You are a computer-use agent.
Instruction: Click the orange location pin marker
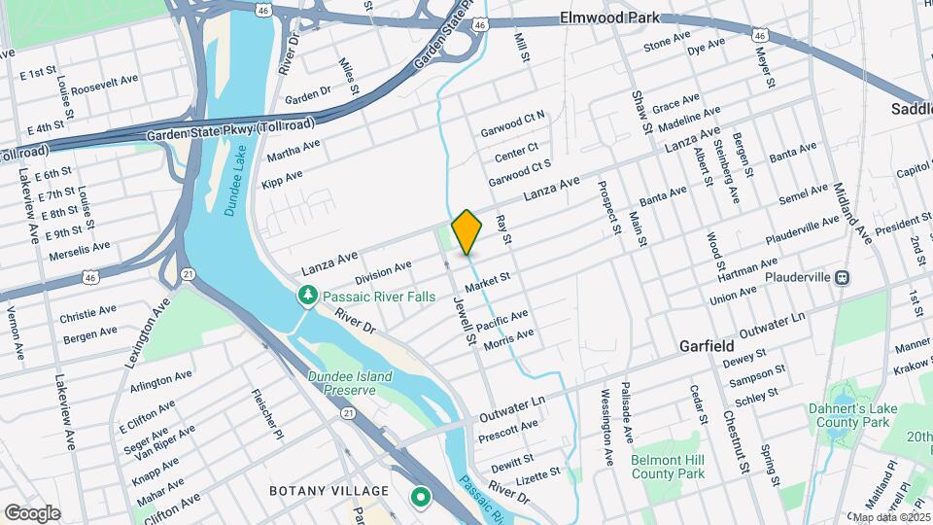tap(466, 231)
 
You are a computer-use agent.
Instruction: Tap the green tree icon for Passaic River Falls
tap(308, 294)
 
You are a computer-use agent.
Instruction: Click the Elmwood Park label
tap(609, 17)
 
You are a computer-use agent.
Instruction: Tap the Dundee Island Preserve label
tap(349, 383)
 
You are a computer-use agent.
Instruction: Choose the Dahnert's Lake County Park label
tap(849, 416)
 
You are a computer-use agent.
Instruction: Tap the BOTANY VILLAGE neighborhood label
tap(328, 491)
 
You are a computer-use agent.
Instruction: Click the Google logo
tap(31, 513)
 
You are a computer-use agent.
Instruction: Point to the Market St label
tap(488, 283)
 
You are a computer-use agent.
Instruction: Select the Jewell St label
tap(462, 322)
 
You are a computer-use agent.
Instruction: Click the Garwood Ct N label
tap(513, 123)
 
